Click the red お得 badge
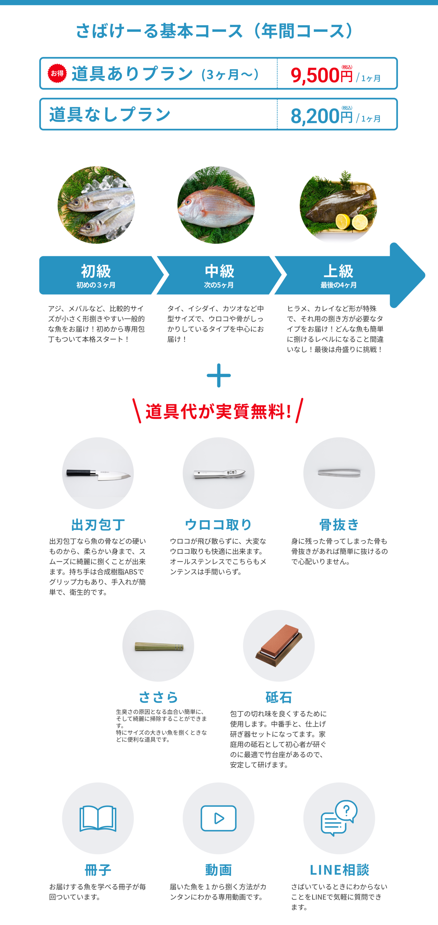coord(57,73)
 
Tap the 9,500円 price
coord(321,75)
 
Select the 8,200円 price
coord(321,116)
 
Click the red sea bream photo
coord(216,205)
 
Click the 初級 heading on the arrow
coord(96,271)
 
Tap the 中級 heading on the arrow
coord(219,271)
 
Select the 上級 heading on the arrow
coord(338,271)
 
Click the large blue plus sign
coord(219,375)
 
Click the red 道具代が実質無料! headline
coord(218,411)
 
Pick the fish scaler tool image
coord(220,474)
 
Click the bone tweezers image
coord(339,472)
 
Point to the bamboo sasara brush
coord(159,647)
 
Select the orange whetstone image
coord(279,645)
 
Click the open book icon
coord(98,819)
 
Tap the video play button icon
coord(218,818)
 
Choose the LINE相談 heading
coord(339,870)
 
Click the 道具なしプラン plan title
coord(110,114)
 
